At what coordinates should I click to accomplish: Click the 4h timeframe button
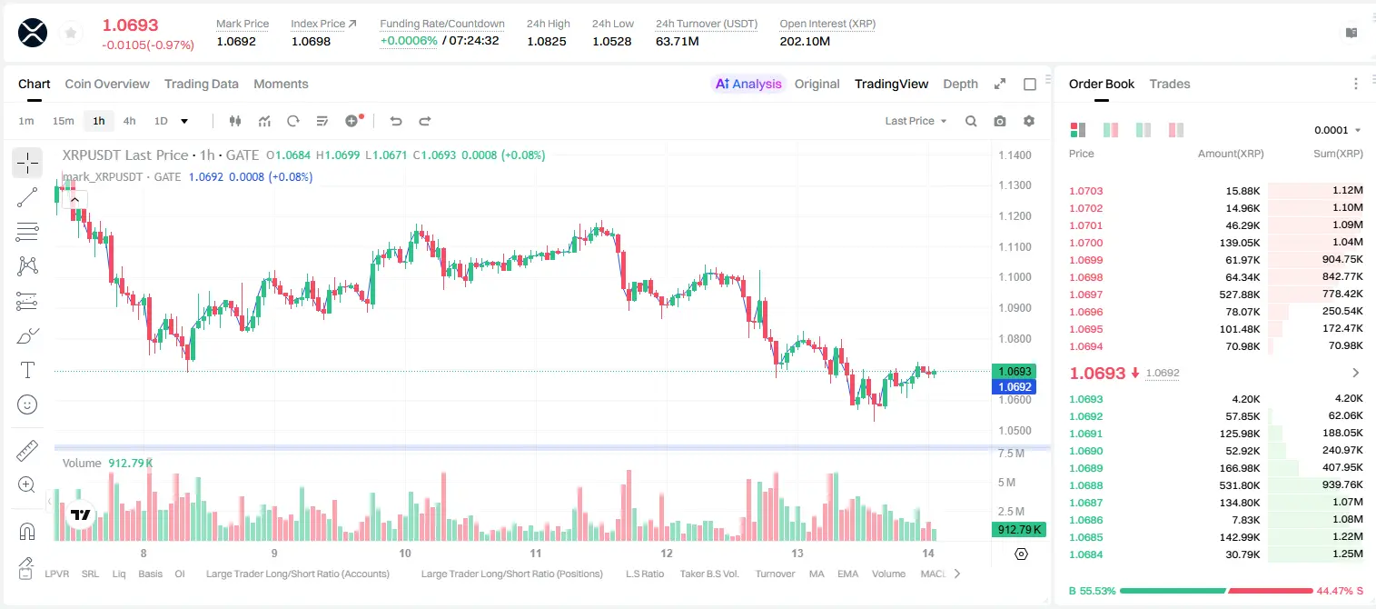pos(129,121)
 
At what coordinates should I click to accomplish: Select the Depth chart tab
pos(960,85)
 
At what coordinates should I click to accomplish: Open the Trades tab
pos(1170,85)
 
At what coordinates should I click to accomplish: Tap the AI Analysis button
pos(748,85)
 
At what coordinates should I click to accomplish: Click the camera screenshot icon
pos(1000,121)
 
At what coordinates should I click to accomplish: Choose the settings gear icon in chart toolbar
pos(1029,121)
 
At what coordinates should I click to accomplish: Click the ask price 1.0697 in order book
pos(1086,295)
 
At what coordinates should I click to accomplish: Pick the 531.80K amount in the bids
pos(1240,485)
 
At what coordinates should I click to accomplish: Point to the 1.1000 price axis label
pos(1015,277)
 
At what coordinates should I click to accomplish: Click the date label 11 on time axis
pos(536,553)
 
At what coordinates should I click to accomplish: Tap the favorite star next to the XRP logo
pos(71,33)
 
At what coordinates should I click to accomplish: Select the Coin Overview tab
pos(107,85)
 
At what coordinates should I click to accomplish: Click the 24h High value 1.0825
pos(547,41)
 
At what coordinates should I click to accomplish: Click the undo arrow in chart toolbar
pos(396,121)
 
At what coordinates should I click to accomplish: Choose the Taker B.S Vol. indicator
pos(708,574)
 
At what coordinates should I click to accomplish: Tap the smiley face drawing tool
pos(27,404)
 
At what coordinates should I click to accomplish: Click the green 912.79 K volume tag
pos(1018,530)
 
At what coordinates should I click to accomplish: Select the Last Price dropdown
pos(916,121)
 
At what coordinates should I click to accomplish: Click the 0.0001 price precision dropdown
pos(1337,130)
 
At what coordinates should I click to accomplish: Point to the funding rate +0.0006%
pos(409,41)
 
